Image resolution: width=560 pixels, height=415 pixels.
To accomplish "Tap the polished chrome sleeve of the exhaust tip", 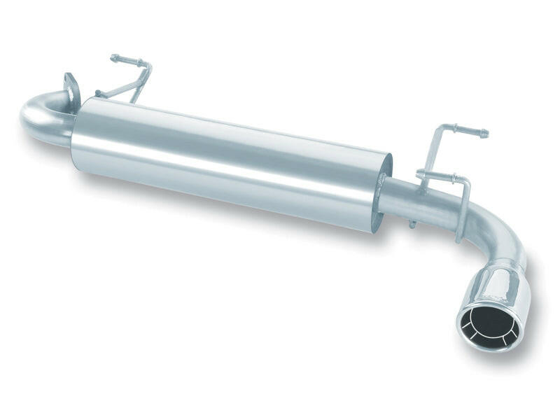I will [x=503, y=287].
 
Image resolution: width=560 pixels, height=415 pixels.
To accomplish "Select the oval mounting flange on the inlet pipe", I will [x=71, y=91].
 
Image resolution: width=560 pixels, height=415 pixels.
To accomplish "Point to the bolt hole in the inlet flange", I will [x=70, y=87].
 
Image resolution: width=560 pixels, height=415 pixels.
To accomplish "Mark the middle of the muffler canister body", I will [x=231, y=164].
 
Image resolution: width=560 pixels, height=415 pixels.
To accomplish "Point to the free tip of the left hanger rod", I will [x=113, y=58].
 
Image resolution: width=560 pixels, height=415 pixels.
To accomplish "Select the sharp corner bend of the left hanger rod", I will [x=148, y=66].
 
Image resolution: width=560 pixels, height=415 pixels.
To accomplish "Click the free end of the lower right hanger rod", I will [x=419, y=173].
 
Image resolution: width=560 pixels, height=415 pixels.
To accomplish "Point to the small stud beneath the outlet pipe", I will [x=412, y=224].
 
